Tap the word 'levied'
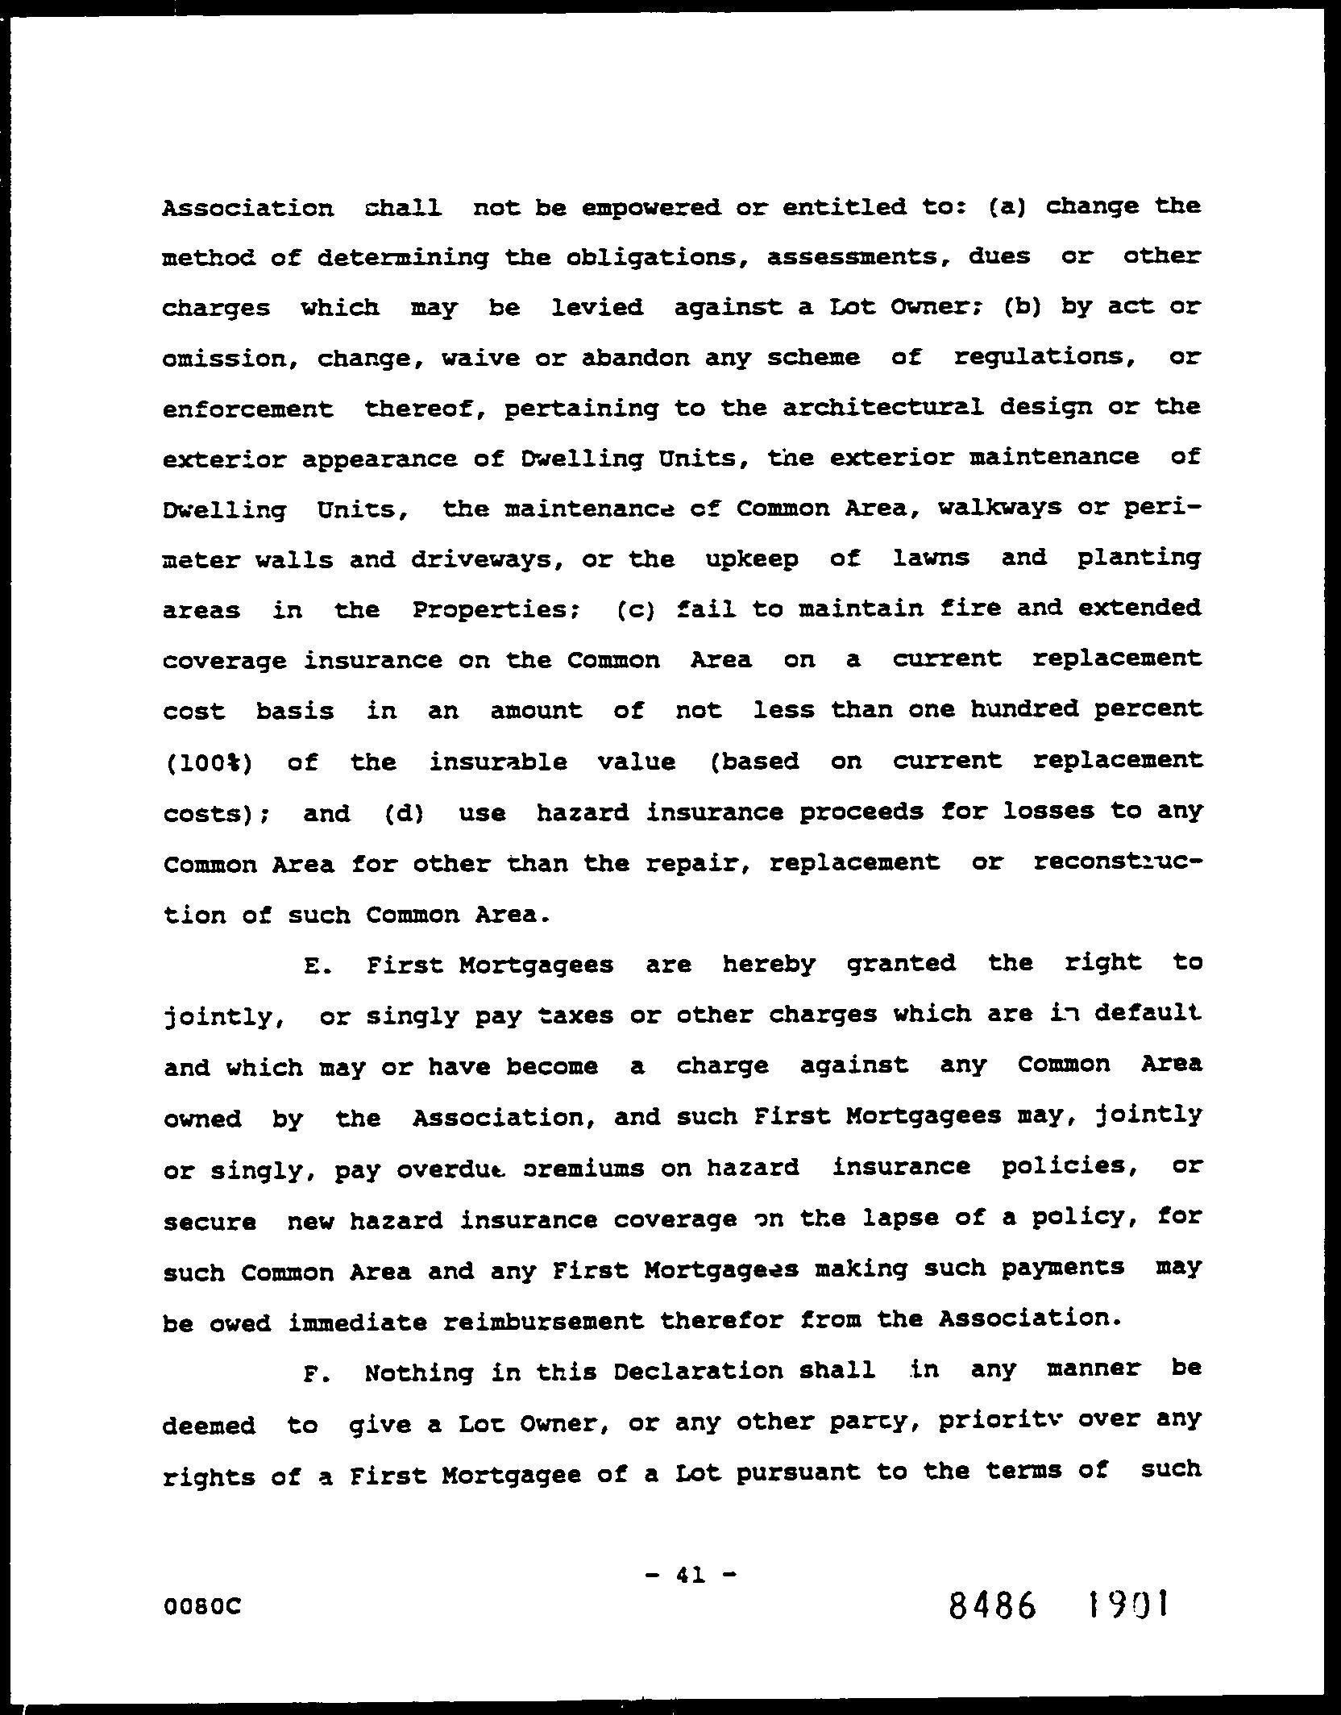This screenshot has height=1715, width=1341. (597, 307)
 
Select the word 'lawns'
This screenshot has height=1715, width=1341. (931, 558)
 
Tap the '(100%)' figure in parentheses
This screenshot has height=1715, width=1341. (209, 762)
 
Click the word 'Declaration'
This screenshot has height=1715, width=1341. (697, 1372)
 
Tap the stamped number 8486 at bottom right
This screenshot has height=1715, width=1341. (992, 1606)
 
